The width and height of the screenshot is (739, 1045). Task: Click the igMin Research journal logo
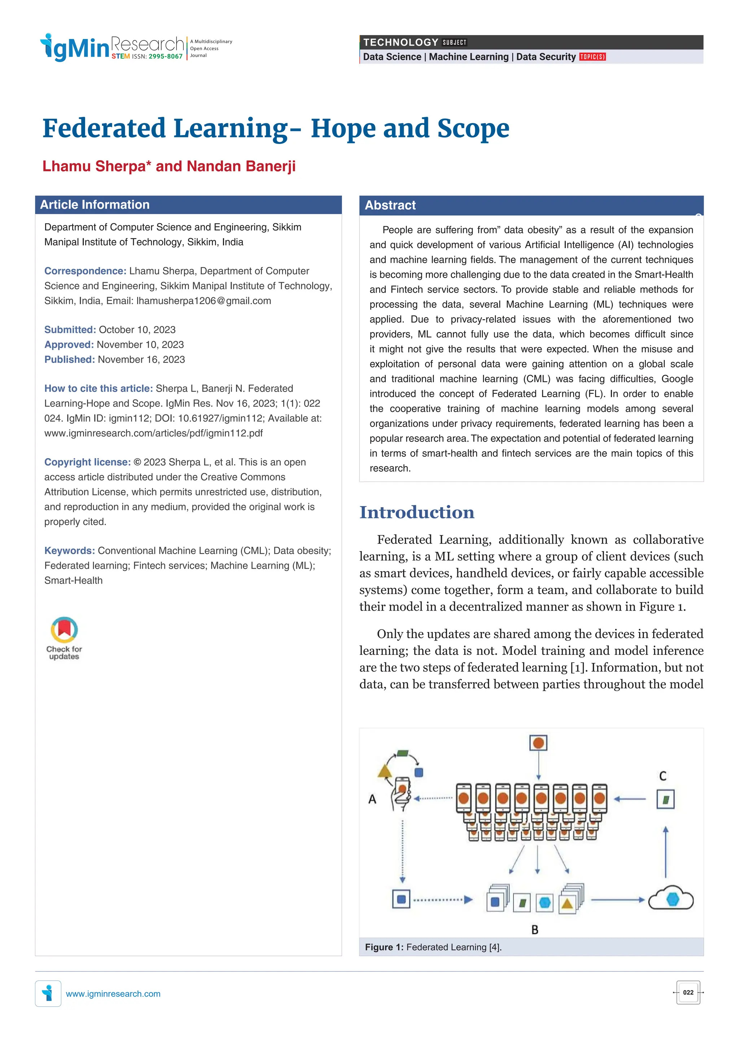[111, 47]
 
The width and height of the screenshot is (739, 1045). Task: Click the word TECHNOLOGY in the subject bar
[400, 42]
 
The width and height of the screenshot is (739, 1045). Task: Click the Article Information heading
[95, 205]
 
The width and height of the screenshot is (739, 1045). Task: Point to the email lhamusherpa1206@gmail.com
[204, 301]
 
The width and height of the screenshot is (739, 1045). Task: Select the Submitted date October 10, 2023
[137, 330]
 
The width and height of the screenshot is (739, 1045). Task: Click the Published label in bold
[69, 360]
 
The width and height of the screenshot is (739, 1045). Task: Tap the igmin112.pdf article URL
[153, 433]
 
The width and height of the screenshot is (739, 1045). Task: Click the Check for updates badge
[64, 637]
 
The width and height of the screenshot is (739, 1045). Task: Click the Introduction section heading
[417, 512]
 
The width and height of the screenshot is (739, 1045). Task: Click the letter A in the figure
[372, 799]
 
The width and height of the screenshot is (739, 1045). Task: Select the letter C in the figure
[663, 776]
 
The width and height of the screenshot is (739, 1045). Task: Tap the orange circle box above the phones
[538, 743]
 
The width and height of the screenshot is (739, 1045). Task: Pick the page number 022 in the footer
[688, 993]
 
